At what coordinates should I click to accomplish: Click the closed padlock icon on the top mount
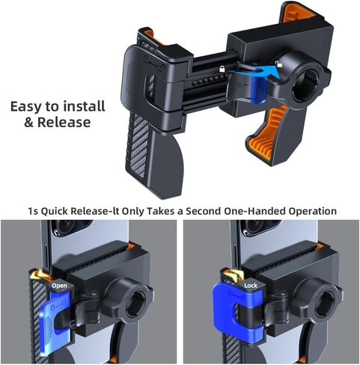pyautogui.click(x=222, y=70)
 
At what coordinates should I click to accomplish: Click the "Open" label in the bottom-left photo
pyautogui.click(x=58, y=285)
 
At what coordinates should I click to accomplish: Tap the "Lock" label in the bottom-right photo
pyautogui.click(x=250, y=285)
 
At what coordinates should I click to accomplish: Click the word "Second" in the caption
pyautogui.click(x=198, y=211)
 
